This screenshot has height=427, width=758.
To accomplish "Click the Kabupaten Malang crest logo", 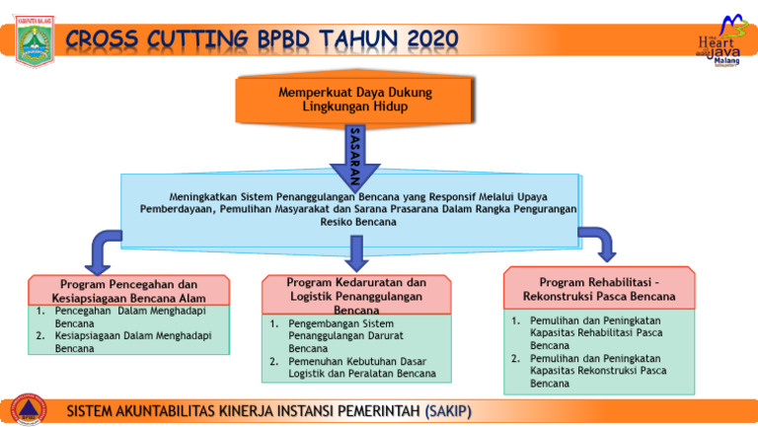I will pyautogui.click(x=36, y=41).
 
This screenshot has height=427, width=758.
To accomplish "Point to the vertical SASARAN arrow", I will pyautogui.click(x=355, y=153).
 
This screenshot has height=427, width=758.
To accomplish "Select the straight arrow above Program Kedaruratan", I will pyautogui.click(x=357, y=253).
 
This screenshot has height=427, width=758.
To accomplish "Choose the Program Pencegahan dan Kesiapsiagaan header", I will pyautogui.click(x=130, y=291).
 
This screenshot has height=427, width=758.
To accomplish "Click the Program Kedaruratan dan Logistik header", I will pyautogui.click(x=357, y=295).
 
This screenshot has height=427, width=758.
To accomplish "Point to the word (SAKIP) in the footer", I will pyautogui.click(x=446, y=410).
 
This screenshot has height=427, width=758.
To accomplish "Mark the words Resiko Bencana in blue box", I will pyautogui.click(x=358, y=223).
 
